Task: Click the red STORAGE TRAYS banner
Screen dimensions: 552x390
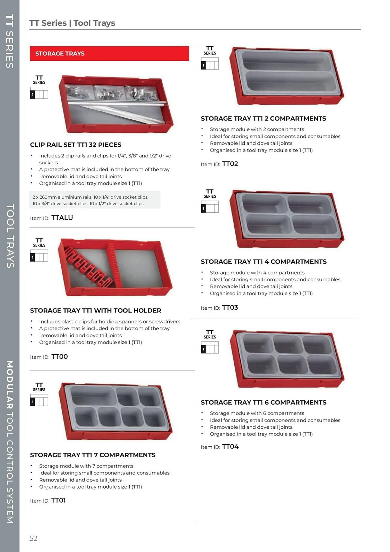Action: [x=109, y=54]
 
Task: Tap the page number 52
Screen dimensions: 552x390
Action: [x=33, y=538]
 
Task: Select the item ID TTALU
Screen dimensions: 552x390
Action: [x=62, y=218]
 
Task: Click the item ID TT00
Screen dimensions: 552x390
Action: [x=59, y=357]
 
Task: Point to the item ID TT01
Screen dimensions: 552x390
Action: [x=58, y=500]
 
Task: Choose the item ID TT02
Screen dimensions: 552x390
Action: [x=230, y=164]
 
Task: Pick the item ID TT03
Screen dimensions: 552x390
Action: [x=230, y=307]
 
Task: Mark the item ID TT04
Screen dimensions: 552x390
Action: [x=230, y=447]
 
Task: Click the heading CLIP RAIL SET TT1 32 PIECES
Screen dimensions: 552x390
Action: [x=76, y=145]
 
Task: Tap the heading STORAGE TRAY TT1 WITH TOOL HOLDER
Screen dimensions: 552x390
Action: [x=95, y=310]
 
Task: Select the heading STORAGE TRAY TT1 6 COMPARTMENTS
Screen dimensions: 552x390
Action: [x=263, y=402]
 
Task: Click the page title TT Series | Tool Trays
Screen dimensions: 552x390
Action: [x=72, y=23]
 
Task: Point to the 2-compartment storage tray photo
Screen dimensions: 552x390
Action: [x=287, y=76]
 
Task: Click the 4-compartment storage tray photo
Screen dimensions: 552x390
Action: [x=287, y=219]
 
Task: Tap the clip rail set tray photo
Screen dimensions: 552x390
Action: [x=116, y=104]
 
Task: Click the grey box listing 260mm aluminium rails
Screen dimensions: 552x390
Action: [x=95, y=200]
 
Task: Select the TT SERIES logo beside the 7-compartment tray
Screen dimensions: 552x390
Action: [x=39, y=387]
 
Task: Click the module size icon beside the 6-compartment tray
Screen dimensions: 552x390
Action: [x=210, y=347]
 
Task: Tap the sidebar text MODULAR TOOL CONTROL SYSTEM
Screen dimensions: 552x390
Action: [x=10, y=442]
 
